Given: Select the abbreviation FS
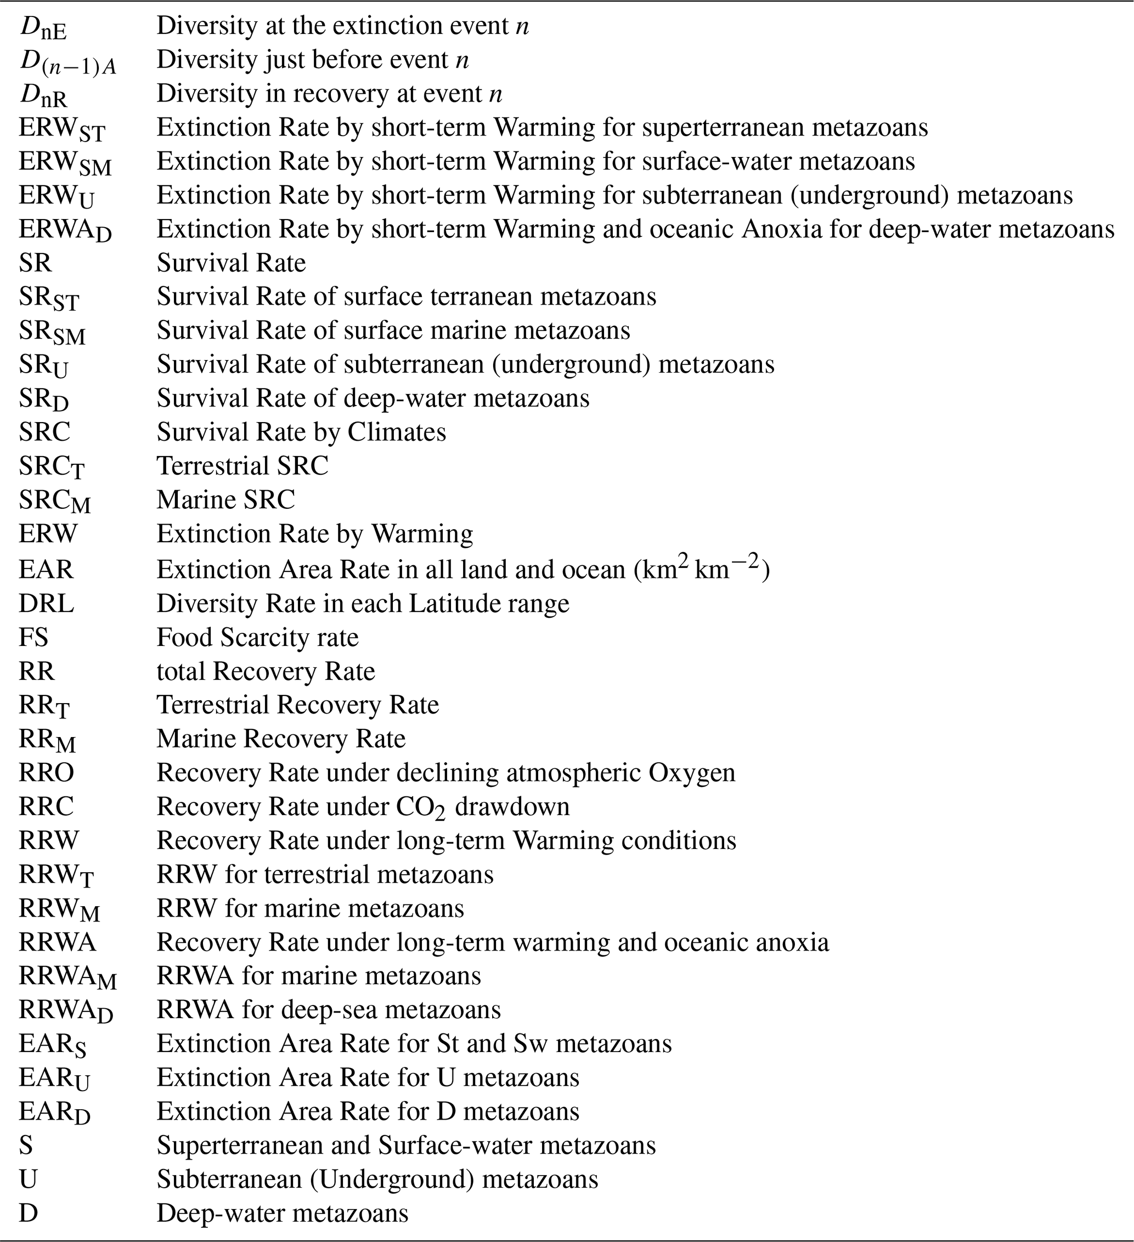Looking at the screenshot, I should (x=33, y=637).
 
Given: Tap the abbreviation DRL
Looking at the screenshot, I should (x=46, y=603).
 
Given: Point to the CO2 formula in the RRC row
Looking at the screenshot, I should (x=420, y=808).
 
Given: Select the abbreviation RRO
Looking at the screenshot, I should (x=46, y=773).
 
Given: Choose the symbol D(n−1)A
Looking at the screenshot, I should (x=67, y=61).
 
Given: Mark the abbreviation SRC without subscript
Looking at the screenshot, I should (x=44, y=432).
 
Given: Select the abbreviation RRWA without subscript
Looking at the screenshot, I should (x=57, y=942).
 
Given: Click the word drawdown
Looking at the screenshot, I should (x=512, y=806).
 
